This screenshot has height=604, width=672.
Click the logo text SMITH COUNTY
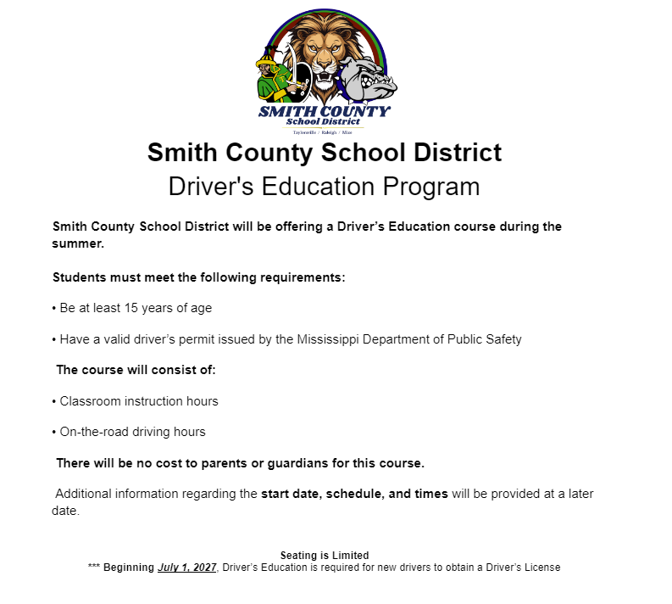coord(325,111)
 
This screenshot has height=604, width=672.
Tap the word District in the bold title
coord(456,153)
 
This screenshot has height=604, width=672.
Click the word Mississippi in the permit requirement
coord(330,339)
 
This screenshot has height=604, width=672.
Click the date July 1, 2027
coord(187,568)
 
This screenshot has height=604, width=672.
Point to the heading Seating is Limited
coord(325,556)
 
